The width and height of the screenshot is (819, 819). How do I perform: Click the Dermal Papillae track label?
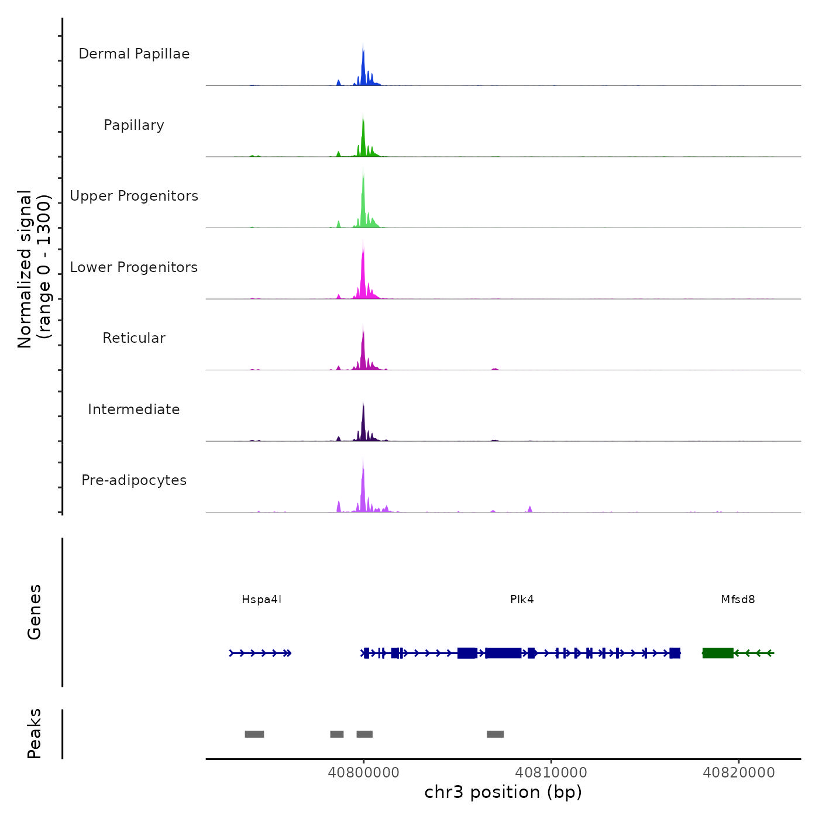click(x=134, y=54)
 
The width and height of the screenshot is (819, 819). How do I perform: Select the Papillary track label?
click(x=134, y=125)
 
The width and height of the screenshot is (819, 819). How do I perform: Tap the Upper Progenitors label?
click(x=134, y=196)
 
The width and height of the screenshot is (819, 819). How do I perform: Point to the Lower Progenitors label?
click(x=134, y=267)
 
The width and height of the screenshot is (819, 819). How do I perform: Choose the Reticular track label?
click(x=134, y=338)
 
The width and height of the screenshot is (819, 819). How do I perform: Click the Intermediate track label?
click(x=134, y=409)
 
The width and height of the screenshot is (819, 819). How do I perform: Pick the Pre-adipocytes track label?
click(x=134, y=480)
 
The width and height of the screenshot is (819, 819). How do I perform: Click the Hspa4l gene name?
click(x=261, y=600)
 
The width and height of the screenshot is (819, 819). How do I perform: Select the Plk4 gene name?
click(x=522, y=600)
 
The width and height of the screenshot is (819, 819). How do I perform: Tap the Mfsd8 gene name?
click(x=738, y=600)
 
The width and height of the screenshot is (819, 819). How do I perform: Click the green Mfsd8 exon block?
click(x=718, y=653)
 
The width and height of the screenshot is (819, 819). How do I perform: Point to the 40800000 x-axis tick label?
click(x=363, y=773)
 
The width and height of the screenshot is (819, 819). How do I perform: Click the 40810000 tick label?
click(x=551, y=773)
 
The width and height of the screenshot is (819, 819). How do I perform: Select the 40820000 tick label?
click(x=739, y=773)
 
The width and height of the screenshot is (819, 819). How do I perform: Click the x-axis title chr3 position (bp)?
click(x=503, y=793)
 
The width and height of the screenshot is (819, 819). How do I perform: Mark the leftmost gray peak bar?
click(x=254, y=734)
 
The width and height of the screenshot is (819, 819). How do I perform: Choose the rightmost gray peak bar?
click(x=495, y=734)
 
